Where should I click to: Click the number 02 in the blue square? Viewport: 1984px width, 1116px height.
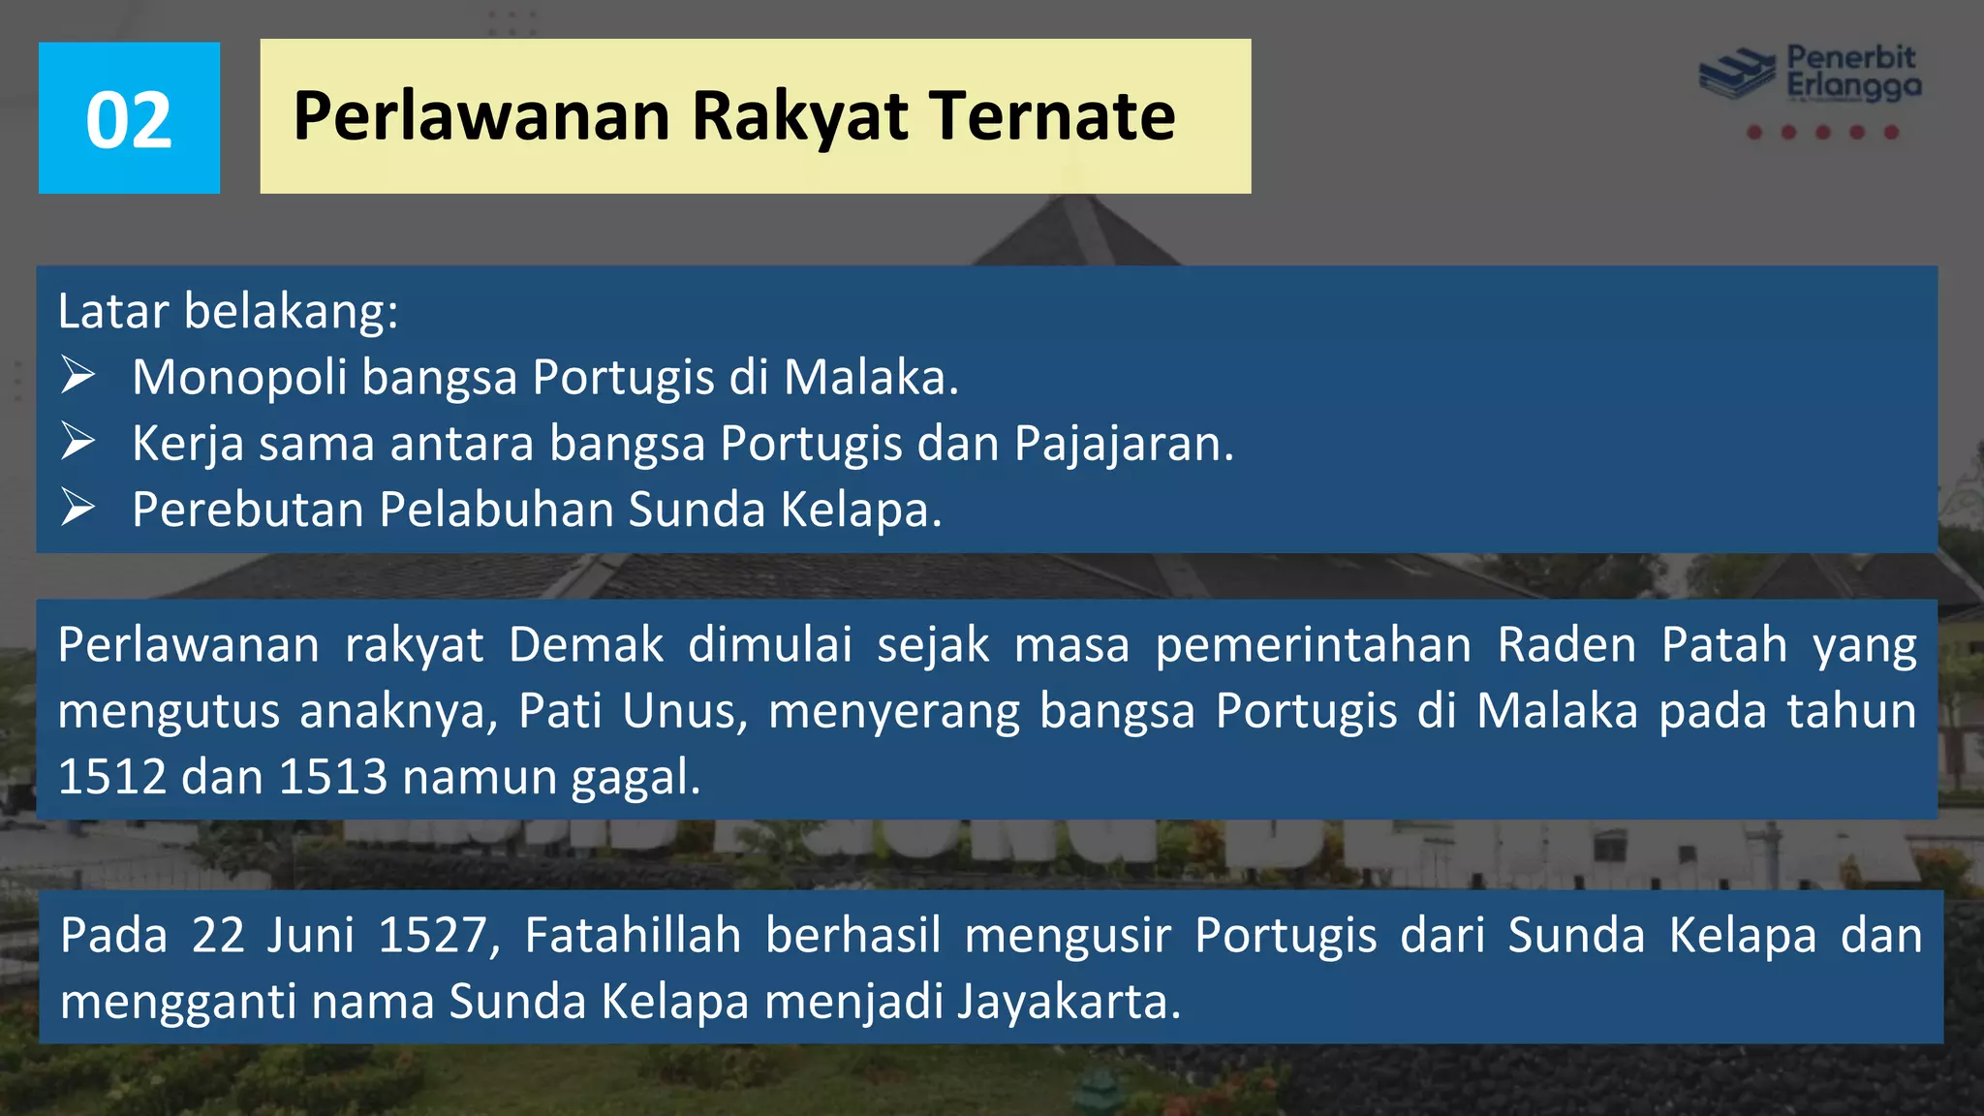click(x=129, y=120)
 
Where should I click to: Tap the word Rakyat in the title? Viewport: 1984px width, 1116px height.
click(x=800, y=116)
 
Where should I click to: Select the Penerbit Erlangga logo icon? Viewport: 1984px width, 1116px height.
click(x=1738, y=74)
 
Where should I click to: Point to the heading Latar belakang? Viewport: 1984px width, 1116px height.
click(x=228, y=312)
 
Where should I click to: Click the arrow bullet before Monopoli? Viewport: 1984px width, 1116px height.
click(x=77, y=376)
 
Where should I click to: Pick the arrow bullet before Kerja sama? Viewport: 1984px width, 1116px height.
click(x=77, y=442)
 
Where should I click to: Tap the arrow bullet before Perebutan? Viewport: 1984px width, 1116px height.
click(x=77, y=508)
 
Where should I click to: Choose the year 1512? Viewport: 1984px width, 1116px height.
click(x=112, y=777)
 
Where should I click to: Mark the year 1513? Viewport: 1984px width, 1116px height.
click(x=333, y=777)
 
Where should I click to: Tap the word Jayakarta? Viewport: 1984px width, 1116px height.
click(x=1069, y=1002)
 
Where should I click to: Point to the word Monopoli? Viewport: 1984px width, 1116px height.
click(x=239, y=378)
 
